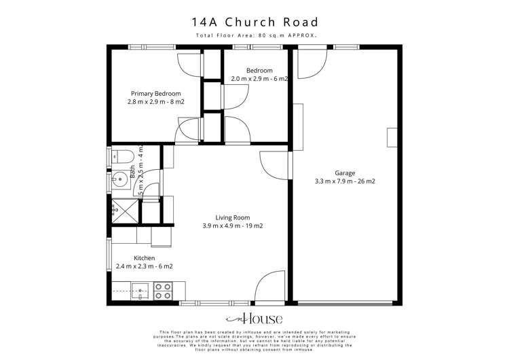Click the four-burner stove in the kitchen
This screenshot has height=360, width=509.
(162, 291)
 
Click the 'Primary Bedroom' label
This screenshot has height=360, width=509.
(156, 93)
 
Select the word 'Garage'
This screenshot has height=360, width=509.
(344, 173)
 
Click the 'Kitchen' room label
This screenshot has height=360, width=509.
(144, 258)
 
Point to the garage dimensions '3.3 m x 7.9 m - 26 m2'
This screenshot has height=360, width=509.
(344, 181)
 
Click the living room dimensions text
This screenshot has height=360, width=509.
(232, 226)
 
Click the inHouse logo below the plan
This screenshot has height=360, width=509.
(254, 319)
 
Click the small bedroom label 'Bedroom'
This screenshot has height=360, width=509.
(259, 71)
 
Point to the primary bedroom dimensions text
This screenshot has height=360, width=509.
(156, 102)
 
